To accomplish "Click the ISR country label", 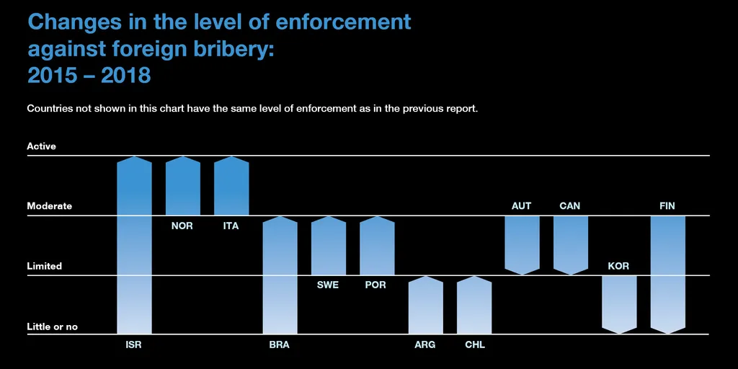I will coord(133,345).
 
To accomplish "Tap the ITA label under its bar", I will coord(231,226).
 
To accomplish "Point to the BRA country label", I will coord(279,345).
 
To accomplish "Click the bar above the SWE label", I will coord(328,246).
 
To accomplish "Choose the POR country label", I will coord(375,285).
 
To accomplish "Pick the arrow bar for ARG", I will coord(425,306).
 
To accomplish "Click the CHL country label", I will coord(475,345).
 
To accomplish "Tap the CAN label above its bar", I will coord(569,206).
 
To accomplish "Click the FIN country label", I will coord(667,206).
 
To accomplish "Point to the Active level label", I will coord(41,146).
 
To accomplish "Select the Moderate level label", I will coord(50,206).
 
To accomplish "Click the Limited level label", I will coord(45,267).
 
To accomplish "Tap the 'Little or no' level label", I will coord(52,327).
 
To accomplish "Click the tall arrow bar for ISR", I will coord(134,245).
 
